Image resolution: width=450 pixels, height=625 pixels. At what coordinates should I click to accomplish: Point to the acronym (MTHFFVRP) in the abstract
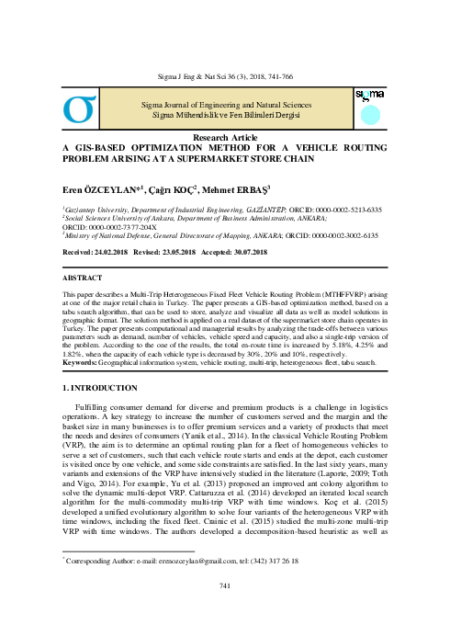point(344,294)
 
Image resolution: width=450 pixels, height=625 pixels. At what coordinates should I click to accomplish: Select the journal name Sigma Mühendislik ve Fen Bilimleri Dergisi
point(224,115)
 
